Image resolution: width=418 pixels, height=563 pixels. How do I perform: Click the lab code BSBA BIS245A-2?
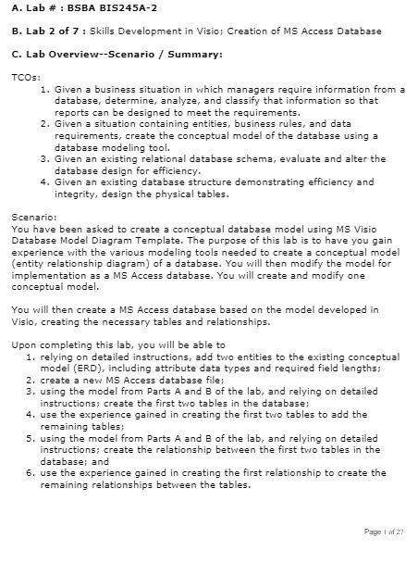tap(107, 7)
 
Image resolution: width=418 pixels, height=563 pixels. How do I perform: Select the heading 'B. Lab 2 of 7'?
tap(40, 31)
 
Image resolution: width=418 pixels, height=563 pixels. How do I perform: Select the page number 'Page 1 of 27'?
tap(384, 532)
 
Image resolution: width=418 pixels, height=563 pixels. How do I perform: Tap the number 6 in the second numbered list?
tap(31, 472)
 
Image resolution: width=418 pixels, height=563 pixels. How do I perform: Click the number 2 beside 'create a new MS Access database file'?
tap(31, 380)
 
